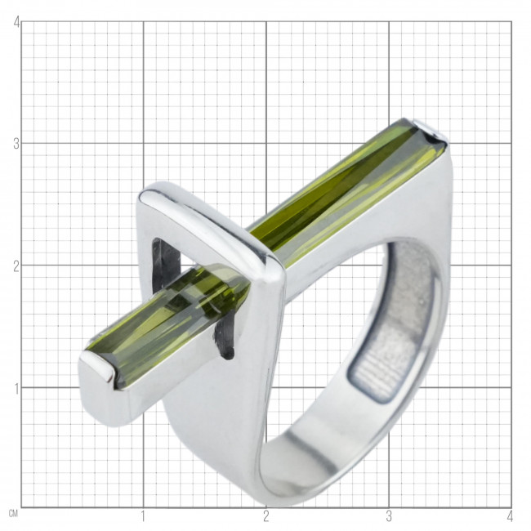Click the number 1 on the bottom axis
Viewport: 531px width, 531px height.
pos(143,517)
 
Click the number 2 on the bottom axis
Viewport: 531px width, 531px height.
pos(265,517)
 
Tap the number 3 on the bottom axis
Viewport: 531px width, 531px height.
pos(389,517)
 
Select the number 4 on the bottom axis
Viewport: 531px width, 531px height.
pos(510,517)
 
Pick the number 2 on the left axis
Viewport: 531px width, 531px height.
pos(16,267)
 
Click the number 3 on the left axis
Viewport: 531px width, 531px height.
pos(16,145)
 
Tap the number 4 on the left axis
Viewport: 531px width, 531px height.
pos(16,23)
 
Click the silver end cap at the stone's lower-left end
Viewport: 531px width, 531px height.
pos(101,390)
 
